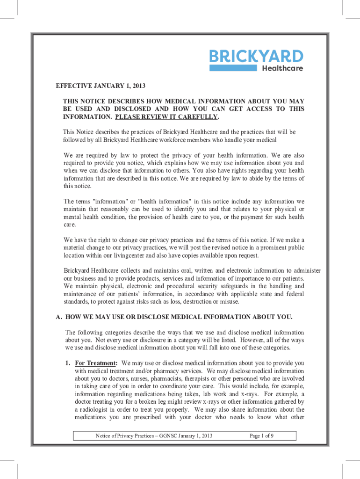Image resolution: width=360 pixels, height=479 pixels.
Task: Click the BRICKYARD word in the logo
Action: pyautogui.click(x=256, y=57)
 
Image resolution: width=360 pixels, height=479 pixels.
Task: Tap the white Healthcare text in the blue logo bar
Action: pyautogui.click(x=282, y=68)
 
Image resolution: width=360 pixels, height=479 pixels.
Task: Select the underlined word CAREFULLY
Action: pyautogui.click(x=197, y=116)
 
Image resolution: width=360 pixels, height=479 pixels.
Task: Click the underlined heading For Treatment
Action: pyautogui.click(x=95, y=363)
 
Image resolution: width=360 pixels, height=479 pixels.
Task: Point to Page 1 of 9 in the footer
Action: pyautogui.click(x=261, y=436)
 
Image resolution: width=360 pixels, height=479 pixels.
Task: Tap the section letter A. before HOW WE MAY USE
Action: pyautogui.click(x=59, y=317)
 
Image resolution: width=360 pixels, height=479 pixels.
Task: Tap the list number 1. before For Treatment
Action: pyautogui.click(x=68, y=363)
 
